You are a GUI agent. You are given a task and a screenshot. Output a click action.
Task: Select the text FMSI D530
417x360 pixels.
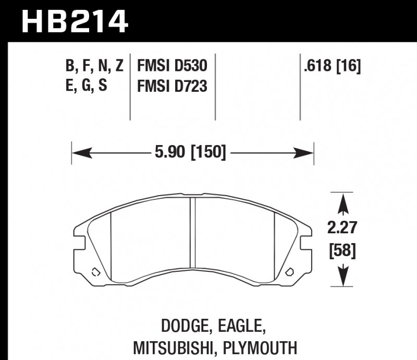coord(172,66)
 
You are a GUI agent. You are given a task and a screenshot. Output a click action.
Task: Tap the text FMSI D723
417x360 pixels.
coord(172,85)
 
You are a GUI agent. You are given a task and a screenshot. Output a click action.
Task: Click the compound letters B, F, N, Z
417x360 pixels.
coord(94,66)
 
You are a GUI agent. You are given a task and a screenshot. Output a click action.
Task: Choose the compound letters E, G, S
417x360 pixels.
coord(86,85)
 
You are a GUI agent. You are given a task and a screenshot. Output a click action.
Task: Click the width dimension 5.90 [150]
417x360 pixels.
coord(190,153)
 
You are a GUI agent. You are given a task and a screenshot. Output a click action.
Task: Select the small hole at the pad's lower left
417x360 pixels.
coord(95,271)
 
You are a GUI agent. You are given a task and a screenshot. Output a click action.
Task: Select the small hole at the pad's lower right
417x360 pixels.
coord(290,271)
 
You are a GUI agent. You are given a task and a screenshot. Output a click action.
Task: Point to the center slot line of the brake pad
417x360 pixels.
coord(192,240)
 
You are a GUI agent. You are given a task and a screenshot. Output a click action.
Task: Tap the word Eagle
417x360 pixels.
coord(241,328)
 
